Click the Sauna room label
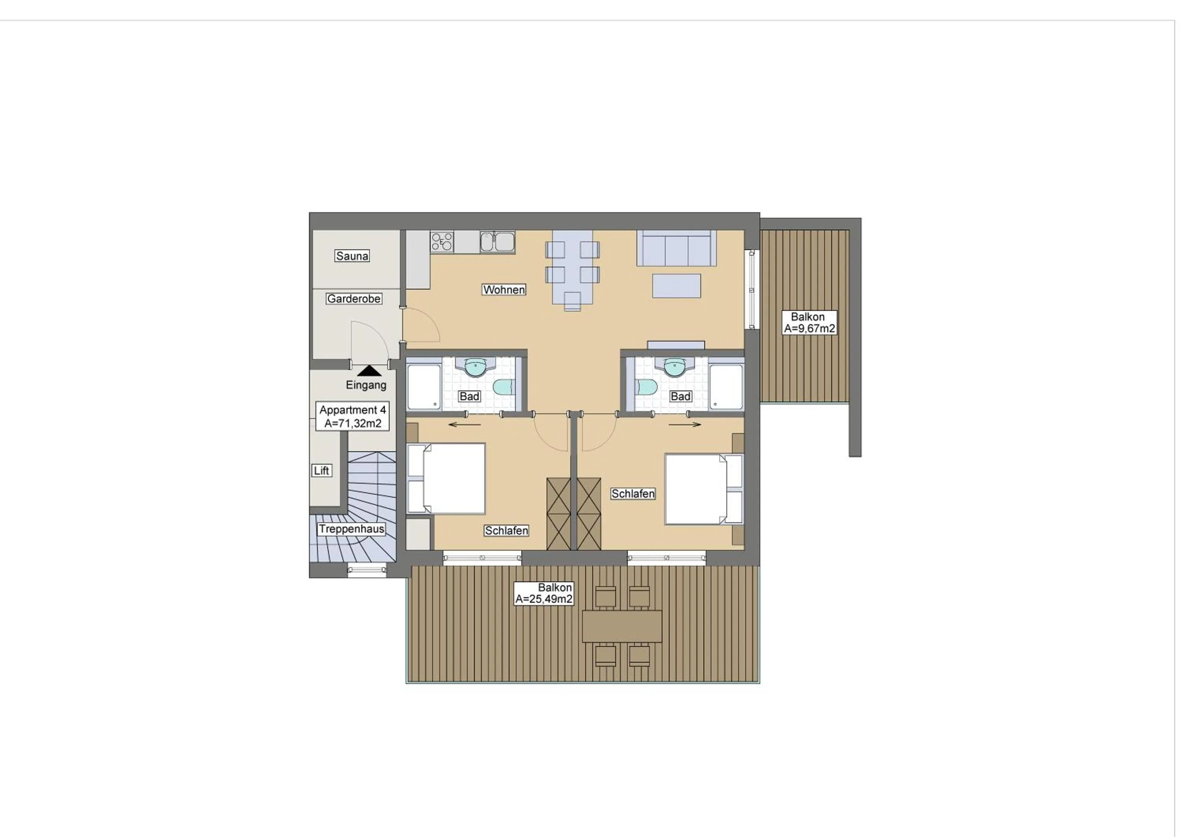[x=352, y=256]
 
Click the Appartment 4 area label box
[x=353, y=417]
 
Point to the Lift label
[x=321, y=471]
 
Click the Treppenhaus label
[x=351, y=529]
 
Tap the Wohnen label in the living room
[x=504, y=290]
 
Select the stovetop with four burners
[x=442, y=242]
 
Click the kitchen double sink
[x=497, y=242]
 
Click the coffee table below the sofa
[x=676, y=286]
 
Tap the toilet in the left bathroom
[x=504, y=387]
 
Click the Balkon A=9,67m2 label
[x=809, y=323]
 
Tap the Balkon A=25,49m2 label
[x=544, y=593]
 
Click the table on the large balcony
[x=622, y=626]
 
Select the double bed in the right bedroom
[x=703, y=489]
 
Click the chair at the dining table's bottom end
[x=572, y=301]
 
